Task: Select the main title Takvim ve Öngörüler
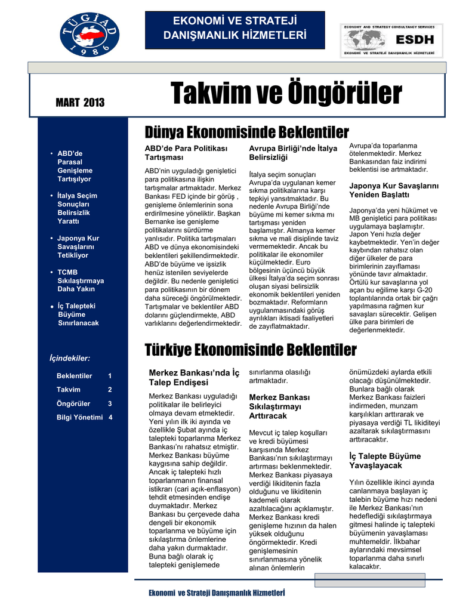click(286, 94)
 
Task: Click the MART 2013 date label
click(80, 103)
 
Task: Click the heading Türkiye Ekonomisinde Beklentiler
click(251, 349)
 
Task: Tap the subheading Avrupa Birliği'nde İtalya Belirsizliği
click(292, 153)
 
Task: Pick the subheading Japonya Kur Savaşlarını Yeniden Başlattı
click(393, 190)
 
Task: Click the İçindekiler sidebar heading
click(69, 358)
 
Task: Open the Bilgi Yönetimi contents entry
click(79, 417)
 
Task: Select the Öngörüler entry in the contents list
click(73, 403)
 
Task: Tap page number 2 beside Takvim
click(110, 390)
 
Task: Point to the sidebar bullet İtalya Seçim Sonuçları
click(77, 208)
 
